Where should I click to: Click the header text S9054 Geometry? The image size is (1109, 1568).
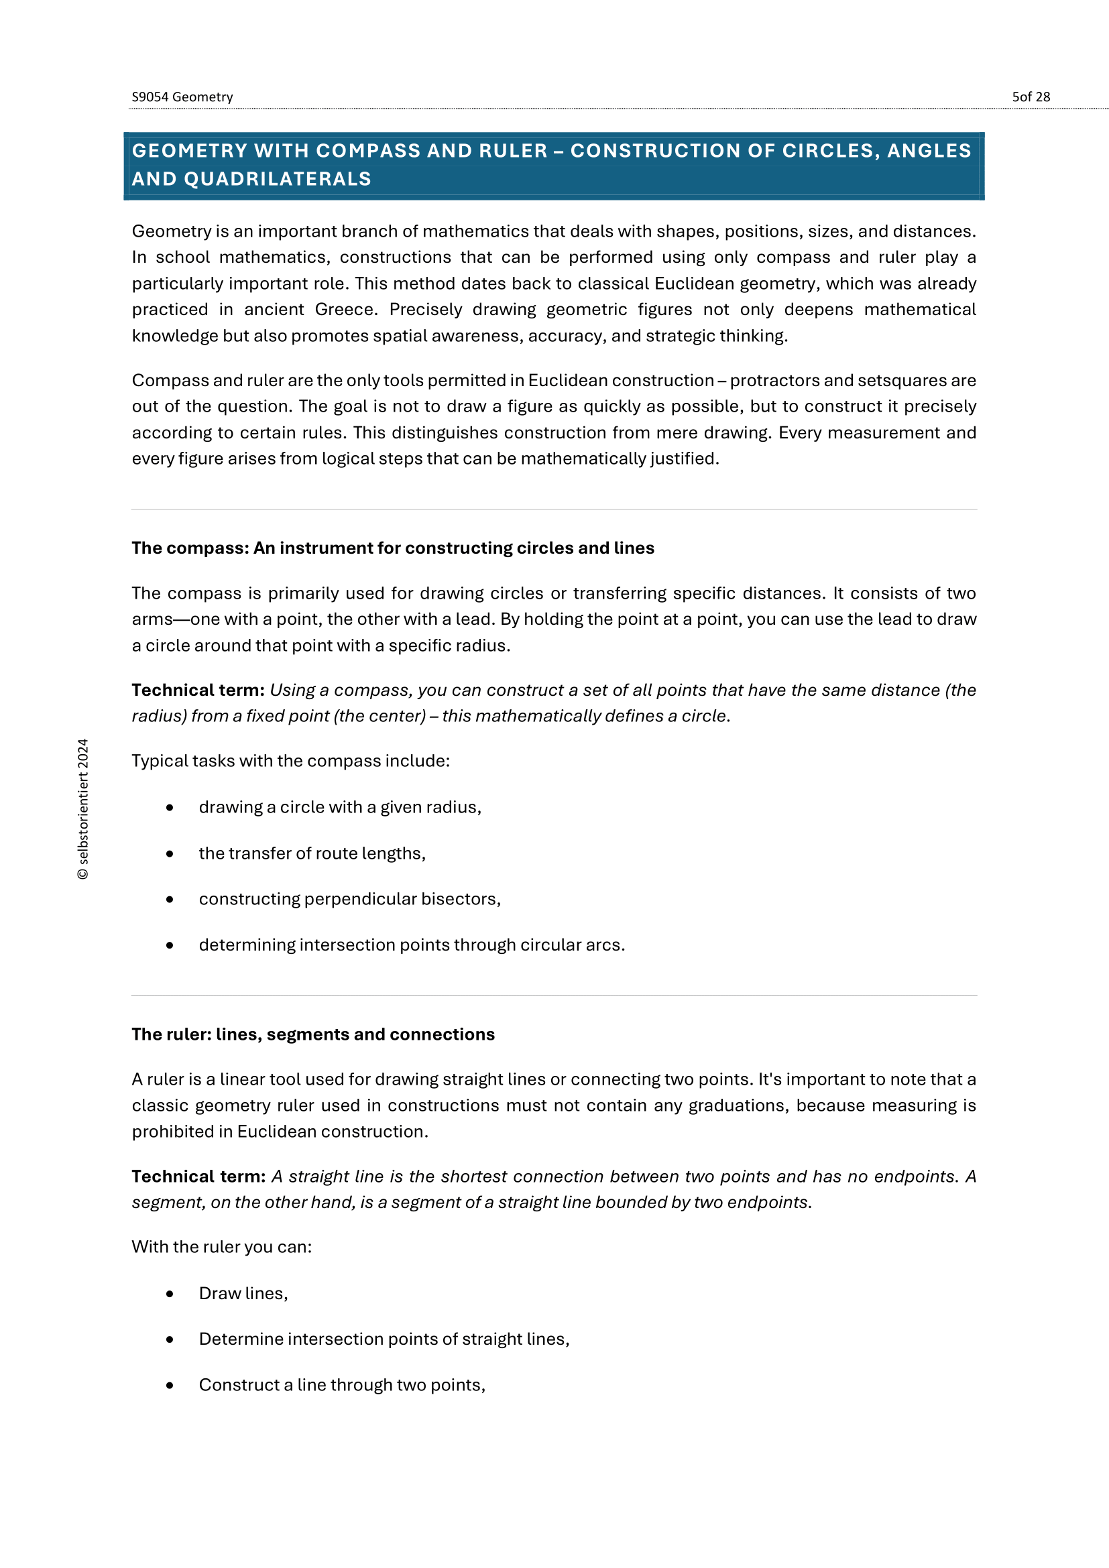point(182,97)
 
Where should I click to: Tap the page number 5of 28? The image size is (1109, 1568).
point(1031,97)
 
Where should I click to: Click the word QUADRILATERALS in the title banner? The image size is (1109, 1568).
point(278,179)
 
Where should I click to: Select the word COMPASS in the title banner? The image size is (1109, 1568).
point(368,151)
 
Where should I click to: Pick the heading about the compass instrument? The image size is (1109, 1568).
point(393,548)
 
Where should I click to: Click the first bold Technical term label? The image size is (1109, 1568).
point(198,690)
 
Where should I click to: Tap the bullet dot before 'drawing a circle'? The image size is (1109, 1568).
point(170,808)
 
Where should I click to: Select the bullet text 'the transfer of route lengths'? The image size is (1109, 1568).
point(312,853)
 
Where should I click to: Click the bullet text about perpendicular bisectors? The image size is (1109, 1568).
point(349,900)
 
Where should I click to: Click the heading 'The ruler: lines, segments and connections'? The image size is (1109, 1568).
point(312,1034)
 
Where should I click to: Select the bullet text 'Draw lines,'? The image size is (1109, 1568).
point(243,1293)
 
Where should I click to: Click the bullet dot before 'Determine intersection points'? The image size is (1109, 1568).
point(170,1340)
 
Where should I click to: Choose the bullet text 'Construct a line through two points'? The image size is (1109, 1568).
point(342,1385)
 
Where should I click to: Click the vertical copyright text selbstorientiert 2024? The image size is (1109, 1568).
point(83,809)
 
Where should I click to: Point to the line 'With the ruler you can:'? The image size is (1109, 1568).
point(222,1247)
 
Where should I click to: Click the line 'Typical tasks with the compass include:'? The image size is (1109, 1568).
point(291,762)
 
